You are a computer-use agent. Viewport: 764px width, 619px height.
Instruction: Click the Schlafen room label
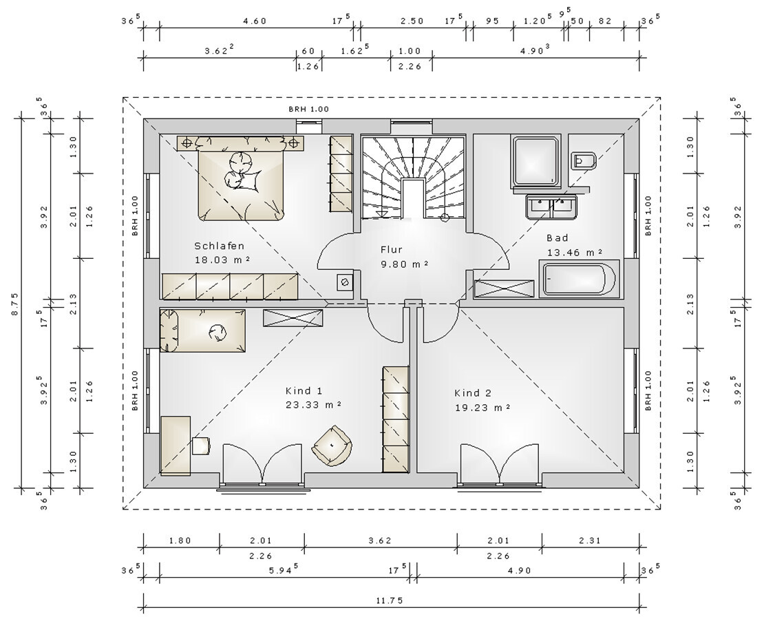pos(220,246)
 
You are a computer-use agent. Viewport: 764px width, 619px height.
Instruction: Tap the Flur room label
pos(391,249)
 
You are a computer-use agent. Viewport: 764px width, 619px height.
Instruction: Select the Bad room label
pos(558,238)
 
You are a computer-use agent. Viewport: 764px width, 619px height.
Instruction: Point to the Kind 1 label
pos(304,390)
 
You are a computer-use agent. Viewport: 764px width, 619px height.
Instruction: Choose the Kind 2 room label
pos(473,393)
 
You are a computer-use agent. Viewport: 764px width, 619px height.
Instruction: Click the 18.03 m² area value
pos(223,260)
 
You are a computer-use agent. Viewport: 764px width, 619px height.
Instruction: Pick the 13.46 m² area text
pos(575,252)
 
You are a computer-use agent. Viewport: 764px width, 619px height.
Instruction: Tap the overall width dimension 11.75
pos(390,600)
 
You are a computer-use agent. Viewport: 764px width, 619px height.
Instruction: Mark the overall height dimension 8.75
pos(14,303)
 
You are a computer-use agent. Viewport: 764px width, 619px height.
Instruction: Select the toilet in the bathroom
pos(584,160)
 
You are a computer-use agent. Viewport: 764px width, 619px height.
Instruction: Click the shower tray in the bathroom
pos(535,161)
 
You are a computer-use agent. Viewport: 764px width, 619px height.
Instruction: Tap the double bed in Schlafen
pos(240,178)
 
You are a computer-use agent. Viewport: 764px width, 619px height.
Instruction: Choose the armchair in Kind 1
pos(333,445)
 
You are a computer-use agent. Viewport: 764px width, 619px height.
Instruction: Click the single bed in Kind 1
pos(202,330)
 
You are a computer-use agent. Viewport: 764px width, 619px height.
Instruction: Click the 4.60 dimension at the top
pos(255,21)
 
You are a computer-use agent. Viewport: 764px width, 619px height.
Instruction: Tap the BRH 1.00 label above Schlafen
pos(309,109)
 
